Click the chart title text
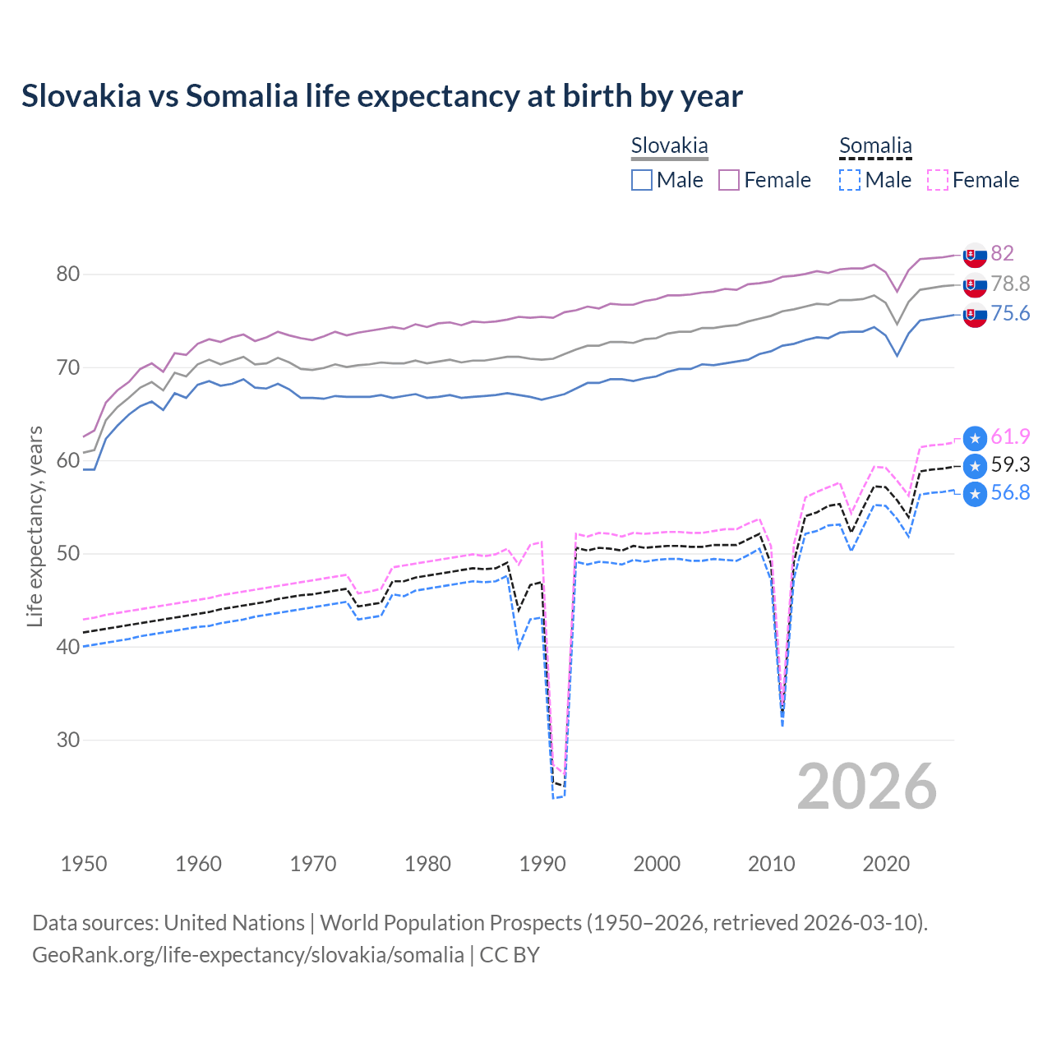click(382, 96)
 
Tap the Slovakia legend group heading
click(669, 146)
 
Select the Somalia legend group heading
click(875, 146)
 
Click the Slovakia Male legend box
click(642, 180)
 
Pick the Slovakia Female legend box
click(729, 180)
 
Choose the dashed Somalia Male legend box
click(850, 180)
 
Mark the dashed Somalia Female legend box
click(938, 180)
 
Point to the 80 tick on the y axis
click(68, 275)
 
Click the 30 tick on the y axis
click(68, 740)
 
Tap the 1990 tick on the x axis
click(542, 864)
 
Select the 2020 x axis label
click(886, 864)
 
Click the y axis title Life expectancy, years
click(35, 526)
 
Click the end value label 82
click(1002, 253)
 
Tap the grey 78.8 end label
click(1010, 284)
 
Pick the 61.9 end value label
click(1010, 436)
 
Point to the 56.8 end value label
click(1010, 492)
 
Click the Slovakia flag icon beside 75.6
click(975, 315)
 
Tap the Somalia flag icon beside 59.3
click(975, 466)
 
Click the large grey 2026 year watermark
click(866, 787)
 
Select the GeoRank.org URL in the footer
click(248, 955)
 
